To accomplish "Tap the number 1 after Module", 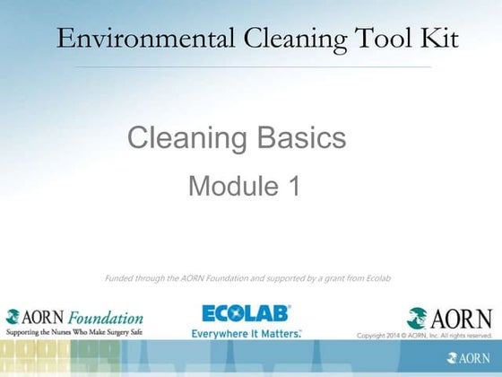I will click(x=293, y=186).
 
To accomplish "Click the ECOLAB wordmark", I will click(x=247, y=314).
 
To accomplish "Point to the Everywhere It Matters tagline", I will click(x=247, y=332).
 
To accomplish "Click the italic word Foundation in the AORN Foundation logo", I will click(x=106, y=317).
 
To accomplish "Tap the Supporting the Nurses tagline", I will click(x=74, y=331).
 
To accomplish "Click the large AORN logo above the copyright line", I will click(x=449, y=318).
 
